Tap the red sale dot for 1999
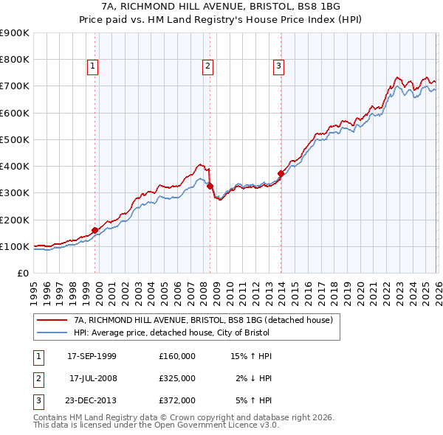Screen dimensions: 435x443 tap(95, 230)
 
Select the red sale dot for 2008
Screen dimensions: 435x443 tap(210, 186)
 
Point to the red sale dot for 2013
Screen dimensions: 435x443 tap(281, 173)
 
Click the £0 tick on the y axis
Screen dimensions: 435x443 tap(22, 273)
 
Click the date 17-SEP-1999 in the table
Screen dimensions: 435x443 tap(92, 356)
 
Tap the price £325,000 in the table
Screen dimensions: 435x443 tap(176, 378)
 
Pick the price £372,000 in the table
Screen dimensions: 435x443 tap(176, 400)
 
